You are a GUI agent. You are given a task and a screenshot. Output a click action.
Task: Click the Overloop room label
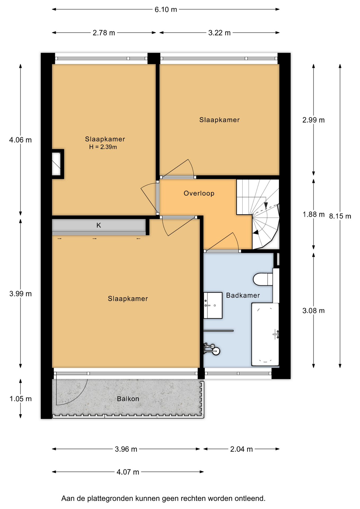point(199,193)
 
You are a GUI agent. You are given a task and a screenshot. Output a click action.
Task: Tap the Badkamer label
point(243,295)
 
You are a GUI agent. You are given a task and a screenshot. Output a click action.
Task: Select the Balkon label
point(128,399)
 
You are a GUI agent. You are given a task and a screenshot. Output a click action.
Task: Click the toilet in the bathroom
point(263,279)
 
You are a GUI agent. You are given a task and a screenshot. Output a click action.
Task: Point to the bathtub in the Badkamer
point(265,335)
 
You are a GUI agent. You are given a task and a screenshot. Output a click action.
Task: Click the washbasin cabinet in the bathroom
point(213,305)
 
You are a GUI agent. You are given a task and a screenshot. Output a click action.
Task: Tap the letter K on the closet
point(99,225)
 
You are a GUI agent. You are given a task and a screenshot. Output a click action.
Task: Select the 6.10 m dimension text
point(166,10)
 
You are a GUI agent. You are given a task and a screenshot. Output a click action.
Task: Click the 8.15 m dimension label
point(340,216)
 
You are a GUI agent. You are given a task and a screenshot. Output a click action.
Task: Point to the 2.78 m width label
point(104,33)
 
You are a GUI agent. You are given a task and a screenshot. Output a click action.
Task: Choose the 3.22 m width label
point(219,33)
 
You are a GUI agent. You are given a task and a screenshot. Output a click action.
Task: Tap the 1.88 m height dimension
point(314,214)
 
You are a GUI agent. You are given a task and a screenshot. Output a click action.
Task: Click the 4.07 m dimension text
point(128,472)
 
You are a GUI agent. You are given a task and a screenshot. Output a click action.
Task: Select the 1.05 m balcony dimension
point(21,399)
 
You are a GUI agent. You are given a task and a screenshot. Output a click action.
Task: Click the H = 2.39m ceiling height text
point(103,147)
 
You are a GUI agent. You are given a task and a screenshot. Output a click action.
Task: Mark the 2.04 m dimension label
point(241,449)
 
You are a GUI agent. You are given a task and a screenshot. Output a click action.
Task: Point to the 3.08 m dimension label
point(313,311)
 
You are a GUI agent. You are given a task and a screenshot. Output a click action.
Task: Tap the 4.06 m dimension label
point(20,140)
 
